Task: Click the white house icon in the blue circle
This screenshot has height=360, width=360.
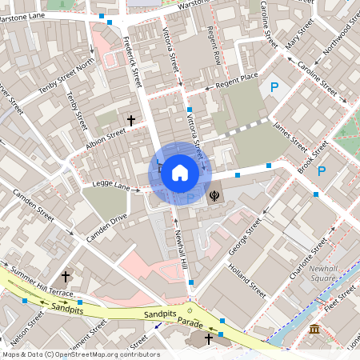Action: [180, 173]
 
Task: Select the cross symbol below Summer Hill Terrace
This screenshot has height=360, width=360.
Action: [66, 277]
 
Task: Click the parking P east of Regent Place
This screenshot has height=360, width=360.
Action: [275, 87]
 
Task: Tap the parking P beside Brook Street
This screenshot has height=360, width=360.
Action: [322, 171]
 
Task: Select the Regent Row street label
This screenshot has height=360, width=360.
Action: [214, 45]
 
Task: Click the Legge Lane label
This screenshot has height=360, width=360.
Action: [110, 186]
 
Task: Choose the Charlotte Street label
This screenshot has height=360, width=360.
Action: [307, 258]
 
